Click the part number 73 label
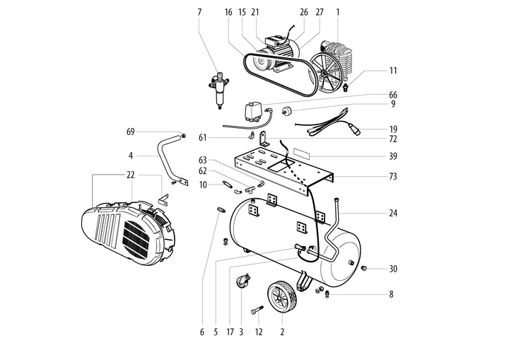393,176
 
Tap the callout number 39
393,156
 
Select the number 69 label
130,132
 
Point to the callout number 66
393,95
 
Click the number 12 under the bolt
259,332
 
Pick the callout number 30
393,269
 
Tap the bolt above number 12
257,310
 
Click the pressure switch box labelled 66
254,112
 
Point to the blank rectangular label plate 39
302,153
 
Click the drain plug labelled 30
363,268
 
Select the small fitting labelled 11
346,87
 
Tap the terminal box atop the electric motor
275,41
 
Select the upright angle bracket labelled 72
264,139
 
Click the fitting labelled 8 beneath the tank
327,294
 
